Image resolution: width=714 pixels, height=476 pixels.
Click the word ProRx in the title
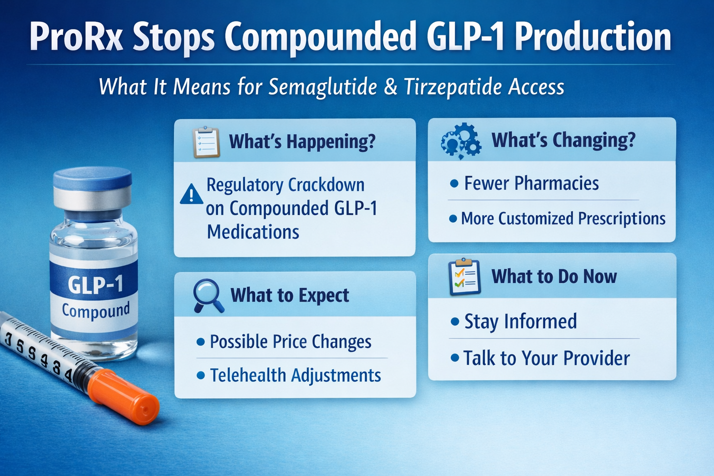point(77,37)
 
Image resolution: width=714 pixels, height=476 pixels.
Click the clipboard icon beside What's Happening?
point(206,142)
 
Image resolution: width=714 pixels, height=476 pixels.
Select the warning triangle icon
point(191,194)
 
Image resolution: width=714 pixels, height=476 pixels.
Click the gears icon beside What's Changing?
point(461,141)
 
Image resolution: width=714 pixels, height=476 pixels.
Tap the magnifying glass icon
point(207,295)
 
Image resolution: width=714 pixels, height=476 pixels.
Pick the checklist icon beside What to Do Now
point(464,277)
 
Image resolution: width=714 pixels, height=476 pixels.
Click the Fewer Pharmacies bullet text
point(531,184)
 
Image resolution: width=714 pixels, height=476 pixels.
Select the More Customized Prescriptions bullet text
point(563,218)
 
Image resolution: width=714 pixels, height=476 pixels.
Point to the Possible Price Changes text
point(291,342)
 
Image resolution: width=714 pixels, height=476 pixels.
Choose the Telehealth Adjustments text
point(295,376)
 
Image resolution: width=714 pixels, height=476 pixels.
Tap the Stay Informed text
point(521,321)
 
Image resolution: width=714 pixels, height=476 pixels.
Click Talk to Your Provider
point(546,358)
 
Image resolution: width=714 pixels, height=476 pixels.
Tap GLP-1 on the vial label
point(95,284)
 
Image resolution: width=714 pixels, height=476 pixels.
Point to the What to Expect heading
point(290,295)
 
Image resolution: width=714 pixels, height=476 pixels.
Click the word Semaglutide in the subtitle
point(323,87)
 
